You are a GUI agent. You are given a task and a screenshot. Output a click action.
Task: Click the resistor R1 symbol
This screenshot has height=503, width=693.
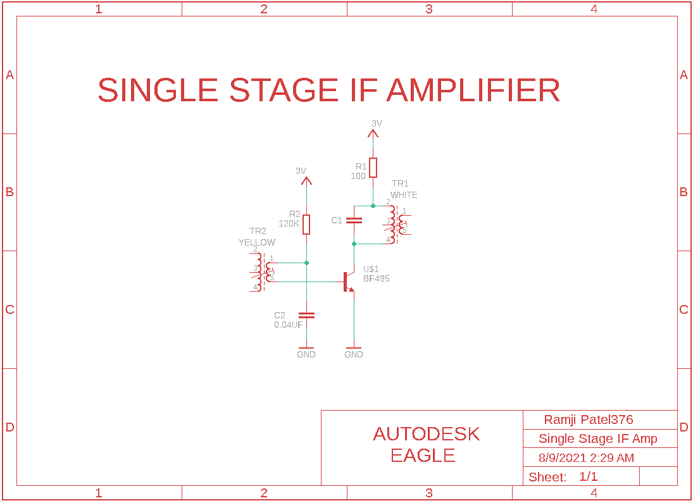point(373,168)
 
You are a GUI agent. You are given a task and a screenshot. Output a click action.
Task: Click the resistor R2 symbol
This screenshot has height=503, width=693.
point(306,225)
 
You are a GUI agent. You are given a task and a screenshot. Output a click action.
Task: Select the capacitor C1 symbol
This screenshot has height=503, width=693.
point(354,220)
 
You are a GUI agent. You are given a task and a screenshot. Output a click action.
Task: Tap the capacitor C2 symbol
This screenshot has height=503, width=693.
point(306,315)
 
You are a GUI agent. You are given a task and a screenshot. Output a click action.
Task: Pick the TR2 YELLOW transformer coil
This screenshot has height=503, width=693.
point(263,272)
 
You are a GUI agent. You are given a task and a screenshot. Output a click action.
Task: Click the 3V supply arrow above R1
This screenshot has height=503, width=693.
point(373,134)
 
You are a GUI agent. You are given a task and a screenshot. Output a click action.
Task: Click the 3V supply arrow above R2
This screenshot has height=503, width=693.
point(306,182)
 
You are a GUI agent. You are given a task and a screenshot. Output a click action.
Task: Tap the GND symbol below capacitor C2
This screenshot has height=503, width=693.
point(306,349)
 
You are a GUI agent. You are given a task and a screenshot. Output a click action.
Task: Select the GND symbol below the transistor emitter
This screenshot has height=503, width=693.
point(354,349)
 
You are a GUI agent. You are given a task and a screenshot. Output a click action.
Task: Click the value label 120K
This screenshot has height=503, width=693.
point(289,223)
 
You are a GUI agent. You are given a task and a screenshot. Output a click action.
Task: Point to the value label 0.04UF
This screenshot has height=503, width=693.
point(288,325)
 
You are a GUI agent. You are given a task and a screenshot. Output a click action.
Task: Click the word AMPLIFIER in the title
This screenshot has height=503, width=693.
point(473,90)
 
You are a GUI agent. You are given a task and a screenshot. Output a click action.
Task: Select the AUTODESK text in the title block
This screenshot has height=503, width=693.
point(426,434)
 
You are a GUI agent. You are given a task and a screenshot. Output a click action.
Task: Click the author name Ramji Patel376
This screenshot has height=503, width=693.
point(588,419)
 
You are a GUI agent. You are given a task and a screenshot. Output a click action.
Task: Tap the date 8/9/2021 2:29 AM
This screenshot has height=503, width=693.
point(586,457)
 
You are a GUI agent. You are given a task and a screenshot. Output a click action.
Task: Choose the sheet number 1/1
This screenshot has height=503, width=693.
point(588,476)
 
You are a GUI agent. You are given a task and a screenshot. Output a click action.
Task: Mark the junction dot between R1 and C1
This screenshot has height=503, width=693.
point(373,206)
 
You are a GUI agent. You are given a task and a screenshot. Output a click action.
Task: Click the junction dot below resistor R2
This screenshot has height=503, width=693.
point(306,263)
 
